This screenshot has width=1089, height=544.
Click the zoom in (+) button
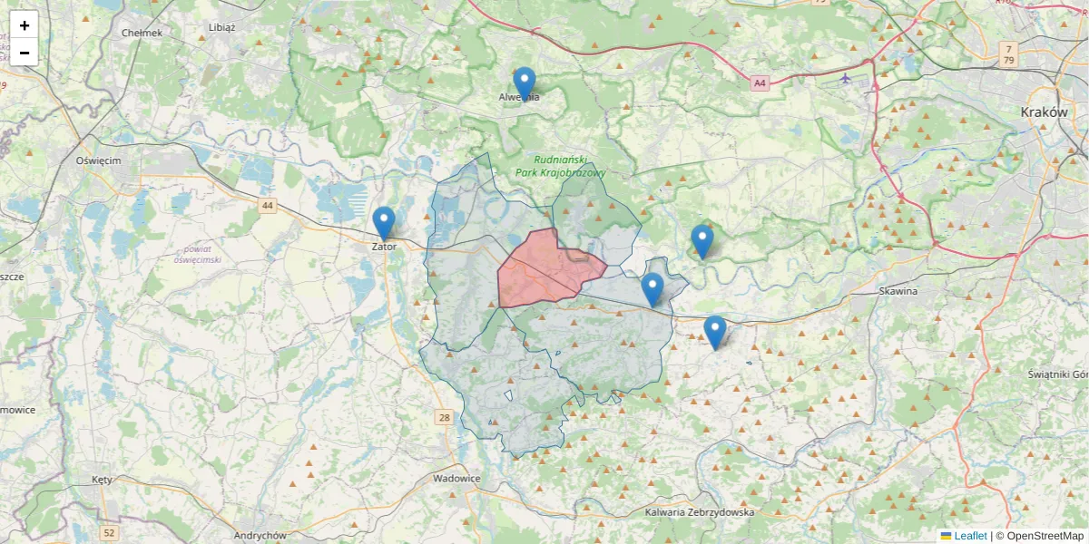25,25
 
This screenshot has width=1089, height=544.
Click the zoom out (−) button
25,53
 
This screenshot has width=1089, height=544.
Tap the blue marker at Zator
384,224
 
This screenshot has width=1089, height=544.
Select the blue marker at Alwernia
524,84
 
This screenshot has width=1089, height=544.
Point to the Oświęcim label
98,160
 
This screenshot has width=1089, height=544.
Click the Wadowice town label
456,478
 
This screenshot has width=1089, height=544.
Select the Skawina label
898,291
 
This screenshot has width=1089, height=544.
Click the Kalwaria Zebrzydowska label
700,512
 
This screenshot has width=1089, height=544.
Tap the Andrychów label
260,535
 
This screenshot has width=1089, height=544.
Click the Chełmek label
142,33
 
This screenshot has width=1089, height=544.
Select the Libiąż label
221,27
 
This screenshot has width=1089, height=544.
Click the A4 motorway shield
760,83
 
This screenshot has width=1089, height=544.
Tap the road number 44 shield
267,206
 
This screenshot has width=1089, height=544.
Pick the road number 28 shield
444,417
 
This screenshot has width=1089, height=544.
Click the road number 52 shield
110,532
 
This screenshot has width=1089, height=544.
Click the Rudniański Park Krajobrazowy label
560,165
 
